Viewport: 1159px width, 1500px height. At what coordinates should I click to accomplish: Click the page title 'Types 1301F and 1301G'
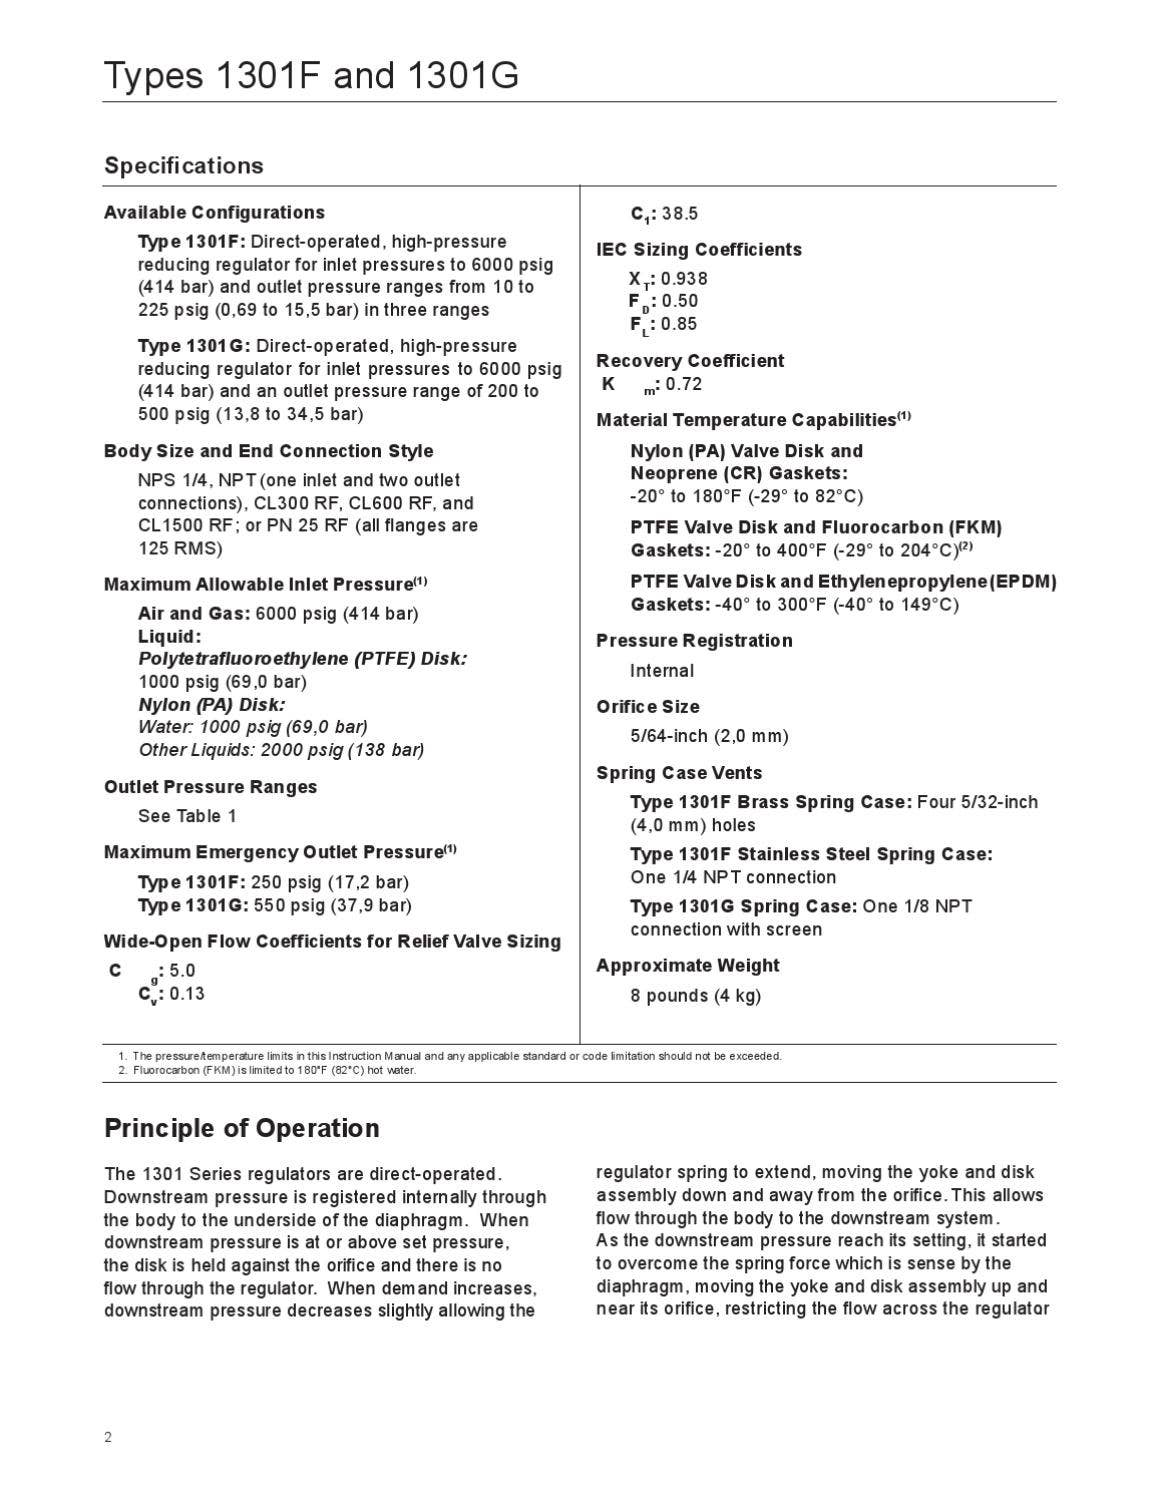click(x=311, y=75)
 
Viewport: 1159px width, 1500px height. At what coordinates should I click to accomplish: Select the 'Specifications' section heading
click(x=184, y=166)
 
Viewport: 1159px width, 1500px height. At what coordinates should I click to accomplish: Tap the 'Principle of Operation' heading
click(x=242, y=1128)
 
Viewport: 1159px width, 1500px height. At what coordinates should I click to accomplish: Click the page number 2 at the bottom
click(x=108, y=1438)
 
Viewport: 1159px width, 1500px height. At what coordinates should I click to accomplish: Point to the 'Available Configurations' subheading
click(x=214, y=212)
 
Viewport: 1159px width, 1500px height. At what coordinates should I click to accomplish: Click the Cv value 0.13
click(x=187, y=993)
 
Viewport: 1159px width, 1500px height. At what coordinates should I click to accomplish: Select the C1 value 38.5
click(x=680, y=214)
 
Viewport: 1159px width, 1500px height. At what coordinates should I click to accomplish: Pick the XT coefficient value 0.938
click(x=684, y=279)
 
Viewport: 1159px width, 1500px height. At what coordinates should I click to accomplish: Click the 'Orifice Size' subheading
click(x=648, y=707)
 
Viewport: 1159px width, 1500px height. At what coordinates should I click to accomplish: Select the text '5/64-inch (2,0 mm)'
click(x=709, y=736)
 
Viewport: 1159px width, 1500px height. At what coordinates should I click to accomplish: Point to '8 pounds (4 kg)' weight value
click(x=695, y=995)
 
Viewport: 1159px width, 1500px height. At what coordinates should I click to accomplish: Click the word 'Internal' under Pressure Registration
click(x=662, y=670)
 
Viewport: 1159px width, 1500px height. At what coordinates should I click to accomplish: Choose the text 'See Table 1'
click(x=187, y=816)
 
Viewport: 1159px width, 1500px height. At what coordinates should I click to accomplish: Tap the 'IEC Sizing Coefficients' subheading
click(x=699, y=250)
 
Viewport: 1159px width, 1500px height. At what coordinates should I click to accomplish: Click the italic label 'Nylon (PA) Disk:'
click(x=211, y=704)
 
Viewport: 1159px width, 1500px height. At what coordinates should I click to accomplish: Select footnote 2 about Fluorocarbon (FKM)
click(x=274, y=1070)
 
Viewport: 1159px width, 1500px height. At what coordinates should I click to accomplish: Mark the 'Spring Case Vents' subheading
click(x=679, y=773)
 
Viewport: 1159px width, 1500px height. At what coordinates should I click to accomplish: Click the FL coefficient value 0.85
click(x=679, y=324)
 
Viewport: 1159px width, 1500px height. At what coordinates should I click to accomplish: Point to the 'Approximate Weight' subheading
click(x=688, y=966)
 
